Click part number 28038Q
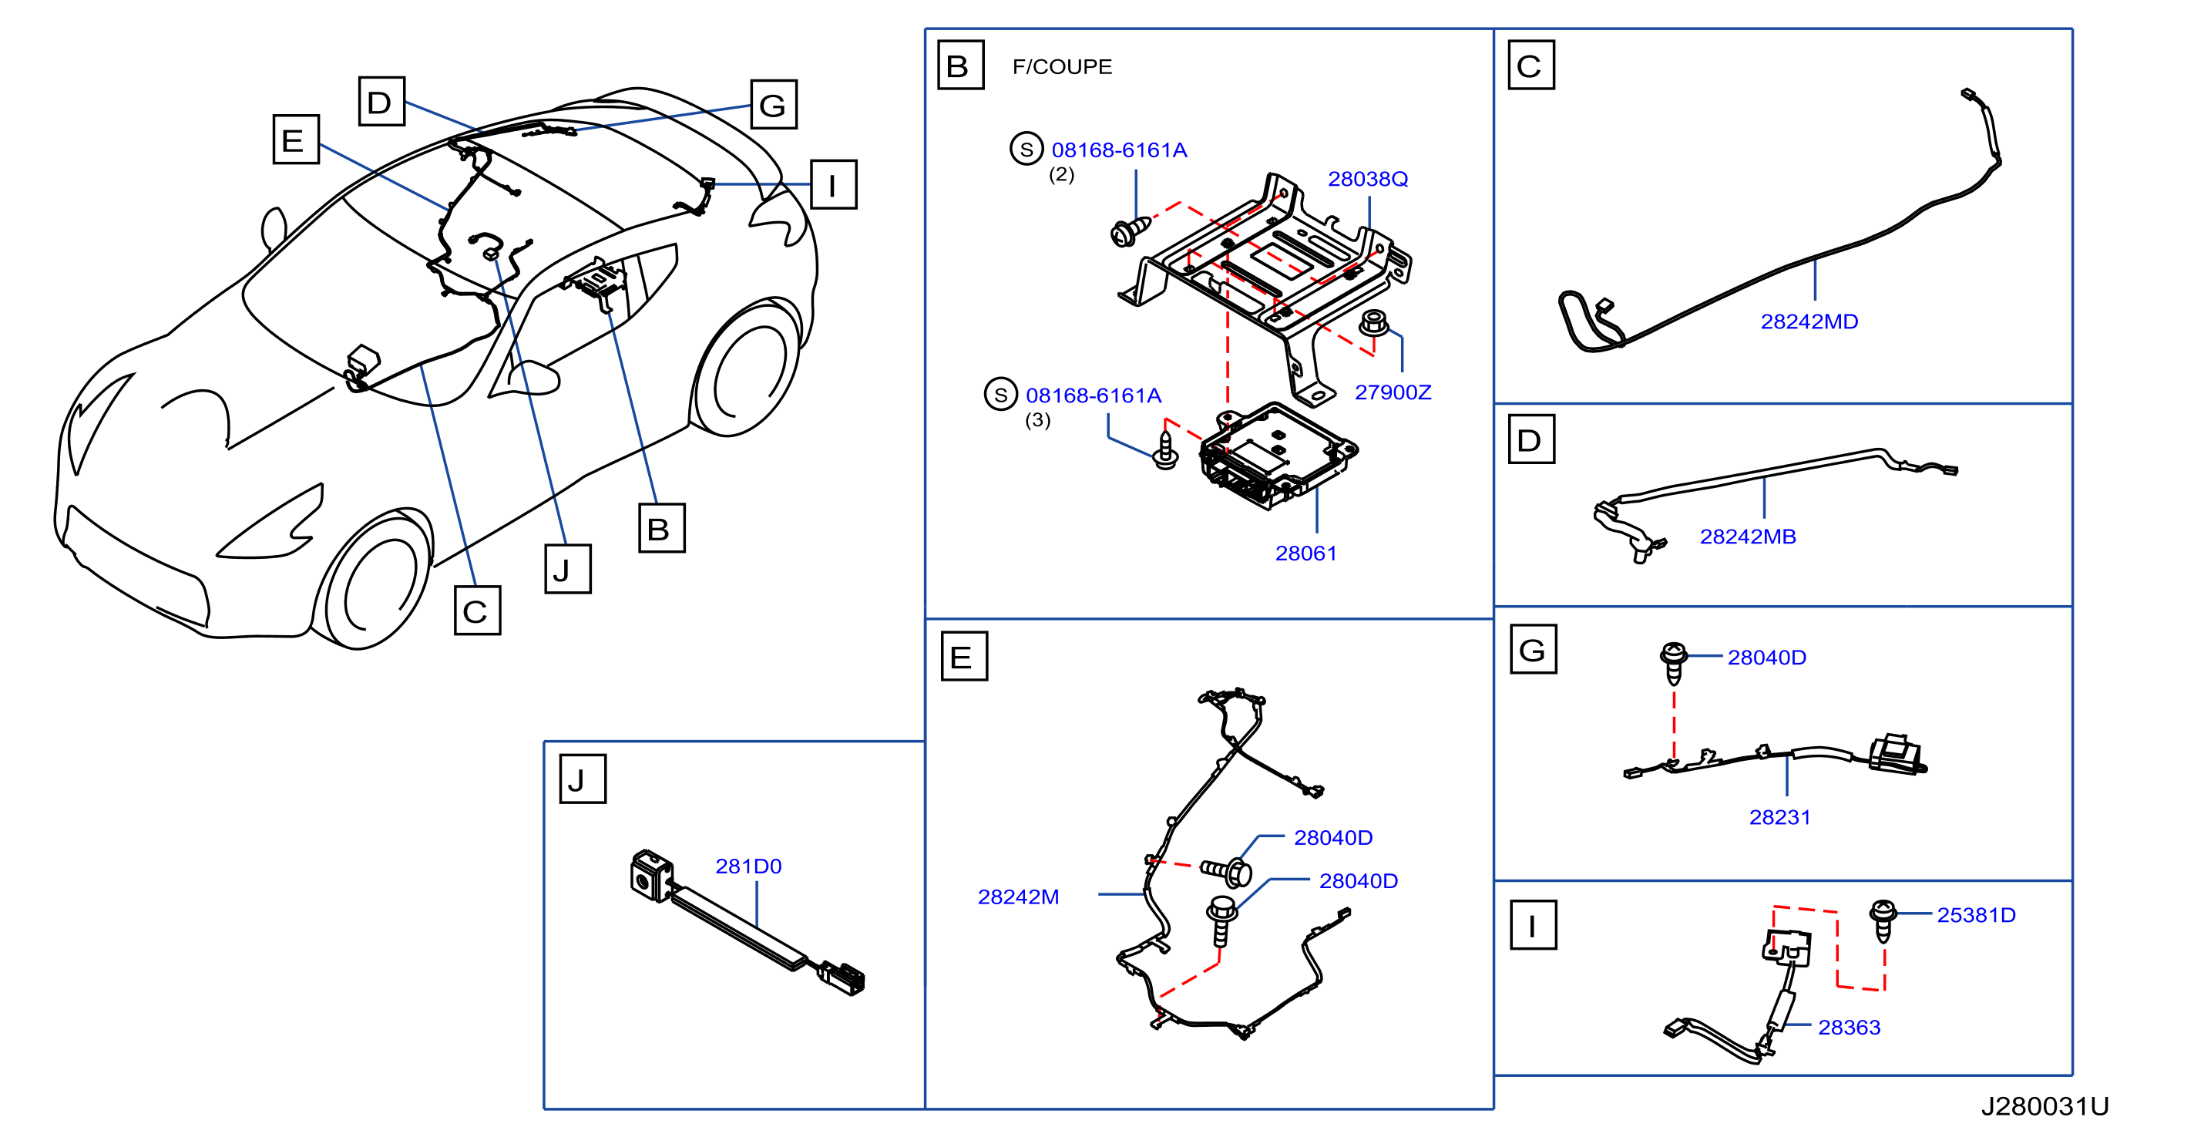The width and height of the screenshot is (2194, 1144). (1367, 179)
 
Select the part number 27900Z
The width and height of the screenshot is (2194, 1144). (1393, 392)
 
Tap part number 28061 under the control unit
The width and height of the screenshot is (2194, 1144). (1305, 553)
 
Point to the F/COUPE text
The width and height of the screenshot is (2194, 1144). (1062, 66)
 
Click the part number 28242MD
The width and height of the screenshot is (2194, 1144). (1809, 322)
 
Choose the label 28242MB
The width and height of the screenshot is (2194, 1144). (1748, 537)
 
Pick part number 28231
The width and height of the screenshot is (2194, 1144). (1779, 818)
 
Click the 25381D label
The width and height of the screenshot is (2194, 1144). (1976, 916)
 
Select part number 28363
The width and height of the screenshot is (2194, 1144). (1849, 1028)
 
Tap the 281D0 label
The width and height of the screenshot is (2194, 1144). (748, 866)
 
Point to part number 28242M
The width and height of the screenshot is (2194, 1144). (1018, 897)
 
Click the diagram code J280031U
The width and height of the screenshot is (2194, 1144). (2044, 1106)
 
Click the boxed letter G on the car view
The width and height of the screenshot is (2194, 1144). (774, 105)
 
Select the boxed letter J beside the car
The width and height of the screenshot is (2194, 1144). (568, 569)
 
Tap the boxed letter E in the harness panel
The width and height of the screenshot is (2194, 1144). (964, 657)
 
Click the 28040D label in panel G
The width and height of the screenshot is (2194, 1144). (1766, 658)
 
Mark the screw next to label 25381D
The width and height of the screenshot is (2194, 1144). (1883, 920)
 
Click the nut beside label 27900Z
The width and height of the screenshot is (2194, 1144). (1373, 324)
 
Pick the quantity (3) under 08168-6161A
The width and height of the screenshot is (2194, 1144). (1037, 420)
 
